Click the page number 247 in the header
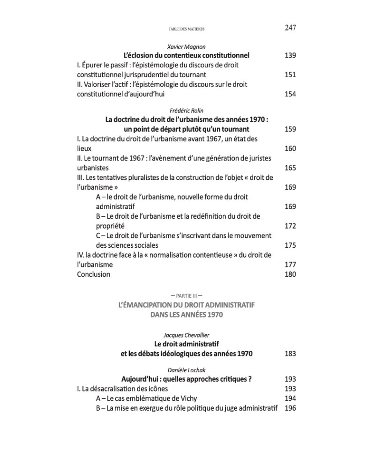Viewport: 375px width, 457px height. [290, 28]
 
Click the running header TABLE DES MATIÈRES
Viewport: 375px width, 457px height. [187, 29]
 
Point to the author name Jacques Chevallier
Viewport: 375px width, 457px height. [187, 335]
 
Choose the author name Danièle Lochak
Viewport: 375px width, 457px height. [187, 370]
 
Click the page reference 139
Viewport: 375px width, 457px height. [290, 55]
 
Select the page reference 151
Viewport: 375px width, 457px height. [290, 74]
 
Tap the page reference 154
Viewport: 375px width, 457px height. [290, 94]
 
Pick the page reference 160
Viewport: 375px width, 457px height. [290, 148]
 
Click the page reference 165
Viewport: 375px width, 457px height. [290, 168]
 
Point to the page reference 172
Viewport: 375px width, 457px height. [290, 226]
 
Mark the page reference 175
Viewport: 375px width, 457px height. [290, 245]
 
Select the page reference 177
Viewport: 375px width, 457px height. [290, 265]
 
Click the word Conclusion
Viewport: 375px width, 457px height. [94, 274]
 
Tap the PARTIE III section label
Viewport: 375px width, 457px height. [187, 295]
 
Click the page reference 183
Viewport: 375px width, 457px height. [290, 354]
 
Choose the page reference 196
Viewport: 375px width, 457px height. [290, 408]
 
